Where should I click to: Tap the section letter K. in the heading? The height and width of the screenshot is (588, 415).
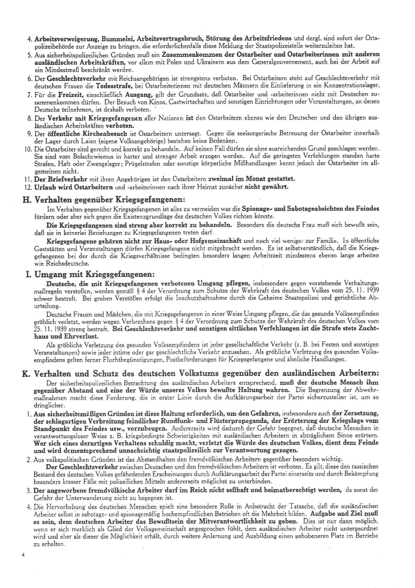click(x=26, y=374)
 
